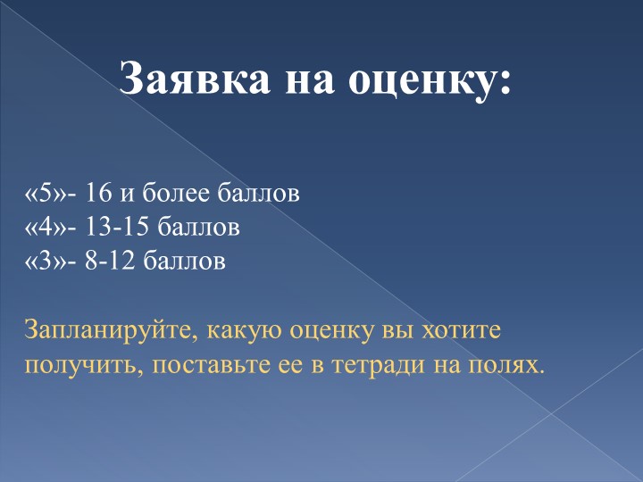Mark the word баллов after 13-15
pos(198,228)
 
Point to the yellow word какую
pos(242,332)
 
